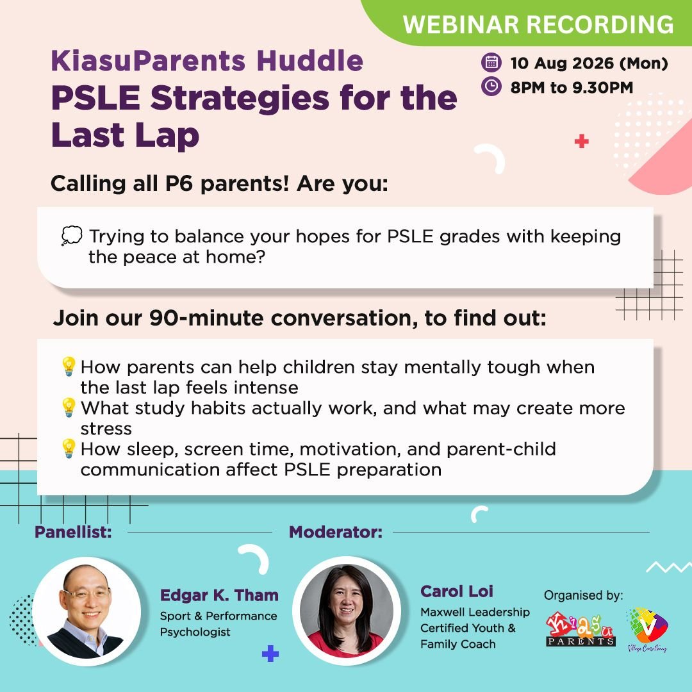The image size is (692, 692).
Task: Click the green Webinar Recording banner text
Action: tap(538, 24)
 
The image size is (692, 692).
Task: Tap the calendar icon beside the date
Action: tap(491, 62)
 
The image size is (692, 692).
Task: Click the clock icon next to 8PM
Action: tap(491, 86)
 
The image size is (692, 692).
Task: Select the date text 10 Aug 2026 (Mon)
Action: tap(589, 63)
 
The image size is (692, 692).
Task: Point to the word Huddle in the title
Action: tap(310, 60)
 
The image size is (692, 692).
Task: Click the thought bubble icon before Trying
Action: tap(72, 236)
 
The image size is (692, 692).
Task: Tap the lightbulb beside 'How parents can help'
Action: tap(69, 367)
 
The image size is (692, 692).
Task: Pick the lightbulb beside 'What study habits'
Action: tap(69, 408)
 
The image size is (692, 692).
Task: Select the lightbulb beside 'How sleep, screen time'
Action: tap(69, 449)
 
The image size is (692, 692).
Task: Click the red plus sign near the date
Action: tap(581, 141)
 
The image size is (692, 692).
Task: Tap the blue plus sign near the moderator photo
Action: tap(270, 654)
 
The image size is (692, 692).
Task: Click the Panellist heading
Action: tap(73, 532)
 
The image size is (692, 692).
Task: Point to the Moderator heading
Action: tap(335, 532)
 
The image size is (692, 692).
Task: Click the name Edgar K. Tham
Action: tap(219, 595)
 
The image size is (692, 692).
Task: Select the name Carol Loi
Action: tap(457, 591)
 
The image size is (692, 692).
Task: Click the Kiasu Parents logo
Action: tap(581, 629)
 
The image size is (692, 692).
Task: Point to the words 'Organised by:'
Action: tap(584, 595)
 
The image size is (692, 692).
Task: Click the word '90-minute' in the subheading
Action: tap(206, 318)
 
